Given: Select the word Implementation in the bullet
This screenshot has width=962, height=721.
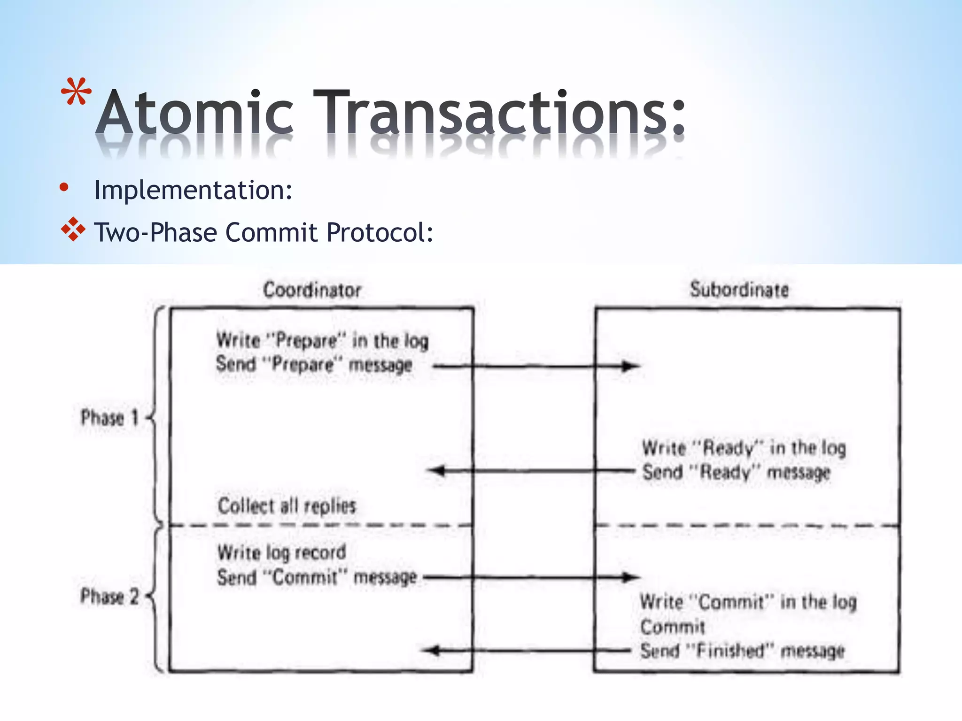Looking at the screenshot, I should tap(193, 190).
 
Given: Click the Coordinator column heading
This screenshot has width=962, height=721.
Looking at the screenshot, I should tap(312, 290).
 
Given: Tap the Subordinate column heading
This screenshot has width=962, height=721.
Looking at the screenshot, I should tap(739, 290).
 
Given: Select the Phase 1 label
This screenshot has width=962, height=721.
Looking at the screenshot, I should tap(109, 417).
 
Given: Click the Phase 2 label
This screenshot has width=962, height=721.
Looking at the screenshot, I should tap(109, 596).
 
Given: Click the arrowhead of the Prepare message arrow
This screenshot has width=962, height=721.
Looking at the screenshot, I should tap(630, 366).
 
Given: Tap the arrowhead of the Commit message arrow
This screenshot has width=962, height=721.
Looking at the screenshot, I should tap(630, 577).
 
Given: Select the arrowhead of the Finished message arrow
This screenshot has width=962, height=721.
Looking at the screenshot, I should tap(431, 651).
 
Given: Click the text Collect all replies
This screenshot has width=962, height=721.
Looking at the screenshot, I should tap(287, 506).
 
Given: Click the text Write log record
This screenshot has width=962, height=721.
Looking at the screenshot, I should tap(281, 552).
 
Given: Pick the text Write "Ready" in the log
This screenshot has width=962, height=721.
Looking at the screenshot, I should tap(744, 448).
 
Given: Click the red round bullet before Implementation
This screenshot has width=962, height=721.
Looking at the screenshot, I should tap(64, 188).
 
